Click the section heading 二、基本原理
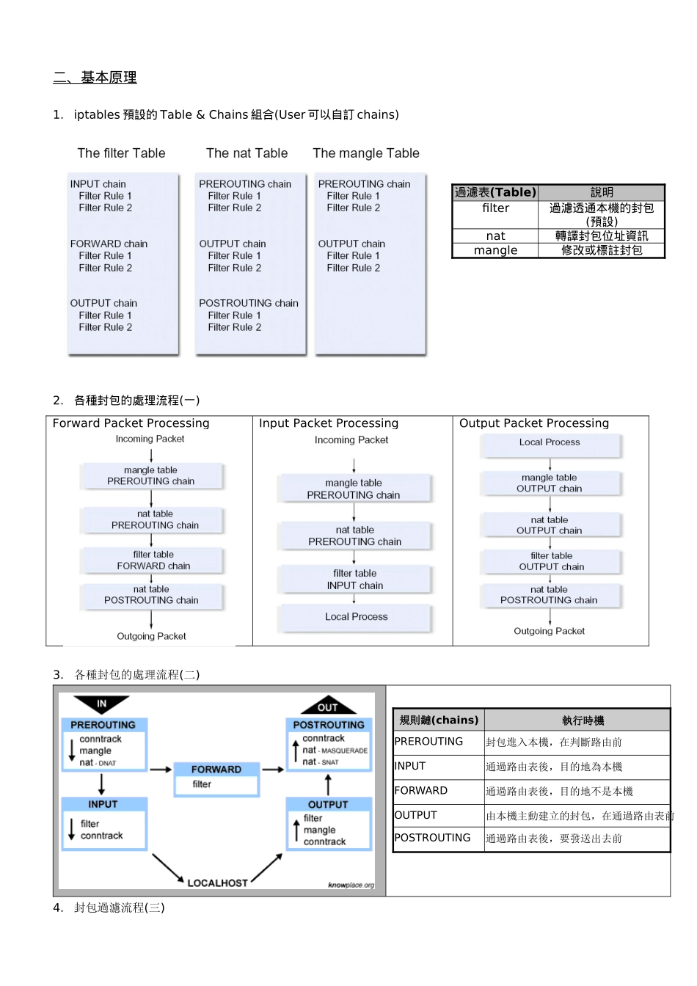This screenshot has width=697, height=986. [x=95, y=77]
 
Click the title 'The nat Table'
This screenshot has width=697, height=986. [x=247, y=153]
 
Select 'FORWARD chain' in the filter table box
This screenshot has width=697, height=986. [x=109, y=244]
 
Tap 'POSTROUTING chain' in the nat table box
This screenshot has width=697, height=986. [x=248, y=303]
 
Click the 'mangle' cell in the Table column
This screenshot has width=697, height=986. [x=495, y=250]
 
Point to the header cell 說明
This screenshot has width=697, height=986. [x=602, y=192]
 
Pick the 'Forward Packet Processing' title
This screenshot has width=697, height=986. [x=131, y=423]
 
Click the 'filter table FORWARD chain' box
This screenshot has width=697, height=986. [x=153, y=560]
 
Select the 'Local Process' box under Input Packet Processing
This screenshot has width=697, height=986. [x=356, y=617]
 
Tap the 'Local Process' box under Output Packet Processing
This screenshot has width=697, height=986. [x=550, y=442]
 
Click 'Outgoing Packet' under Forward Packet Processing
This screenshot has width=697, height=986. [x=151, y=636]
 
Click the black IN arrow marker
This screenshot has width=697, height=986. [x=101, y=704]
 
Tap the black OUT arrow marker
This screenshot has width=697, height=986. [x=328, y=706]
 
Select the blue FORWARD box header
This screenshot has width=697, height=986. [x=216, y=769]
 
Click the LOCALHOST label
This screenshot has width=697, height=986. [x=217, y=883]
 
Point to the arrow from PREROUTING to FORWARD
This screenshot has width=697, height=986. [x=160, y=770]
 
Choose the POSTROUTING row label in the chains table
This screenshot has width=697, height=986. [x=432, y=838]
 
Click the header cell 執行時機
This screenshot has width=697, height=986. [x=583, y=720]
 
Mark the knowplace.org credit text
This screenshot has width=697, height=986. [x=351, y=885]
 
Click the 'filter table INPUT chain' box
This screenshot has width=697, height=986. [x=354, y=580]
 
